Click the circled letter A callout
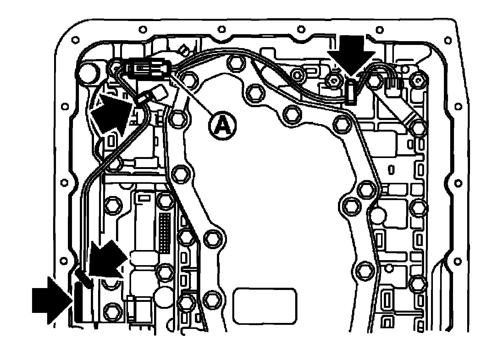tap(222, 125)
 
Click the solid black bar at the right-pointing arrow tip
tap(80, 302)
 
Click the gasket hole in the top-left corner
tap(75, 40)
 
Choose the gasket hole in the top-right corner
tap(446, 40)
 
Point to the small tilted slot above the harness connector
tap(183, 49)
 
